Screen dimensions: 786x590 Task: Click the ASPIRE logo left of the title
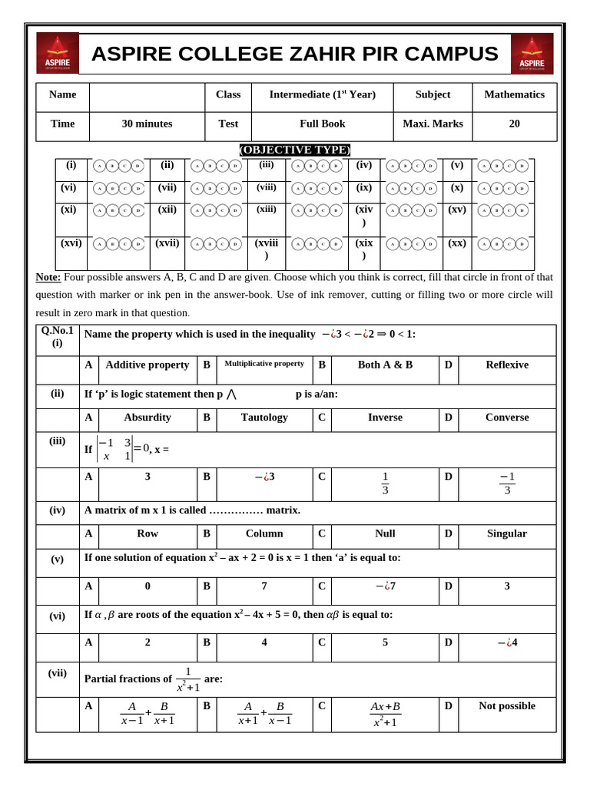(x=58, y=53)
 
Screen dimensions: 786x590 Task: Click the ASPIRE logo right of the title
(x=532, y=53)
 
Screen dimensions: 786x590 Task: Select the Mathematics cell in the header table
(x=514, y=94)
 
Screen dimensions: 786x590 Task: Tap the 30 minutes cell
(x=147, y=124)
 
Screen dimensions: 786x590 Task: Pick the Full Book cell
(x=322, y=124)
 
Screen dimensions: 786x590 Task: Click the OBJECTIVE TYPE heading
(x=295, y=150)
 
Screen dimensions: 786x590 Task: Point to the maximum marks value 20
(x=514, y=124)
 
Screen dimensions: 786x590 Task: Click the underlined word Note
(x=48, y=277)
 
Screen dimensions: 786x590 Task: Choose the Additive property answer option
(x=147, y=365)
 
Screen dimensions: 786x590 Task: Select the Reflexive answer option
(x=506, y=365)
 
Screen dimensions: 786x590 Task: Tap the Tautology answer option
(x=264, y=418)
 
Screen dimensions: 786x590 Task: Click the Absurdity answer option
(x=147, y=418)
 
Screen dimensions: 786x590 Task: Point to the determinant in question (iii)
(x=114, y=449)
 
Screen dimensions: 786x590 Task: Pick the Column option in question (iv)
(x=264, y=533)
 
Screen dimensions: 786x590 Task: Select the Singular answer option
(x=506, y=533)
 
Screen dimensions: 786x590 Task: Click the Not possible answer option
(x=506, y=706)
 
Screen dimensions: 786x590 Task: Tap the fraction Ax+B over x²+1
(x=385, y=714)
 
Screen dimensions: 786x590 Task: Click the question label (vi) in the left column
(x=58, y=616)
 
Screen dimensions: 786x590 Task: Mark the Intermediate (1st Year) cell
(x=322, y=94)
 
